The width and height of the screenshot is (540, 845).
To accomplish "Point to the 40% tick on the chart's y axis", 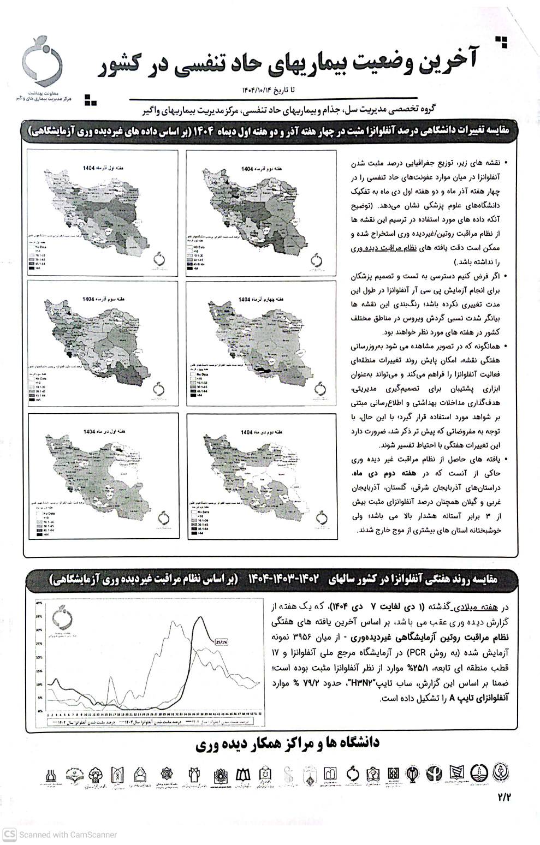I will point(39,603).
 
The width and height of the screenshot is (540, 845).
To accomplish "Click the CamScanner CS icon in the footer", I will point(9,834).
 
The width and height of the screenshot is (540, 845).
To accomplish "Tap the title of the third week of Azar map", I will point(96,300).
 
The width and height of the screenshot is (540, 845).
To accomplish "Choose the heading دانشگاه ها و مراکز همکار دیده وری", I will point(287,743).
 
